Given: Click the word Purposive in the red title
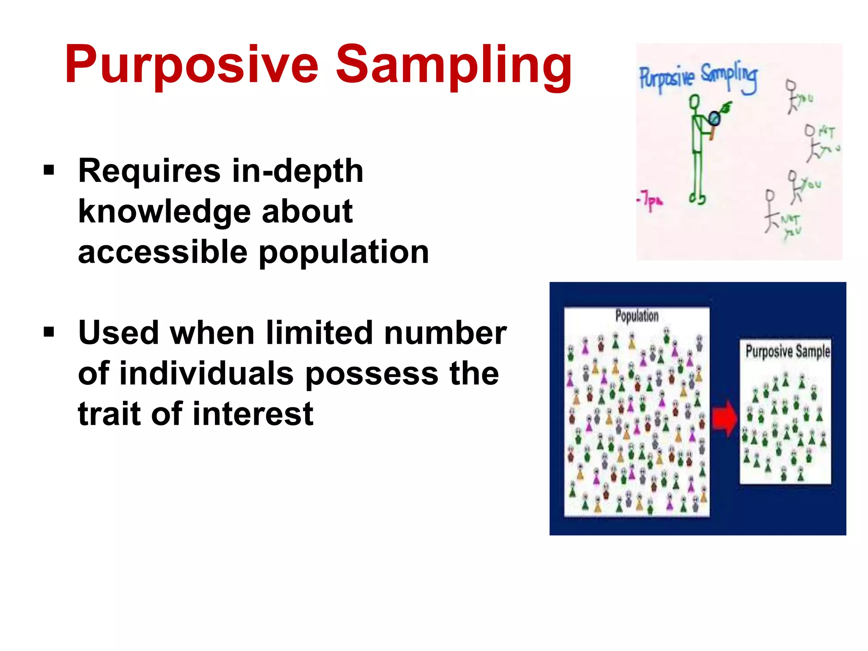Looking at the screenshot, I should [x=192, y=66].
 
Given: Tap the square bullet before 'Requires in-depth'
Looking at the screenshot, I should [x=49, y=170].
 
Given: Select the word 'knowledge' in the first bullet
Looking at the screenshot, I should [x=164, y=212].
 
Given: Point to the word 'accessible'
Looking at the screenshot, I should [x=163, y=252].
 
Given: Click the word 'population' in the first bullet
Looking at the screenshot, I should [x=344, y=253].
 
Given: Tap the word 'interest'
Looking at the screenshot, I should [x=253, y=414].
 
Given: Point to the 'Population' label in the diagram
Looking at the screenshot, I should [x=637, y=316].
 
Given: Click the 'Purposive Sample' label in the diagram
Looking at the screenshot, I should [x=787, y=351].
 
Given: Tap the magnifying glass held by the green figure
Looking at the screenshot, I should [x=715, y=118].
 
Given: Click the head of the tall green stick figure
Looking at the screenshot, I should [x=694, y=102].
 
